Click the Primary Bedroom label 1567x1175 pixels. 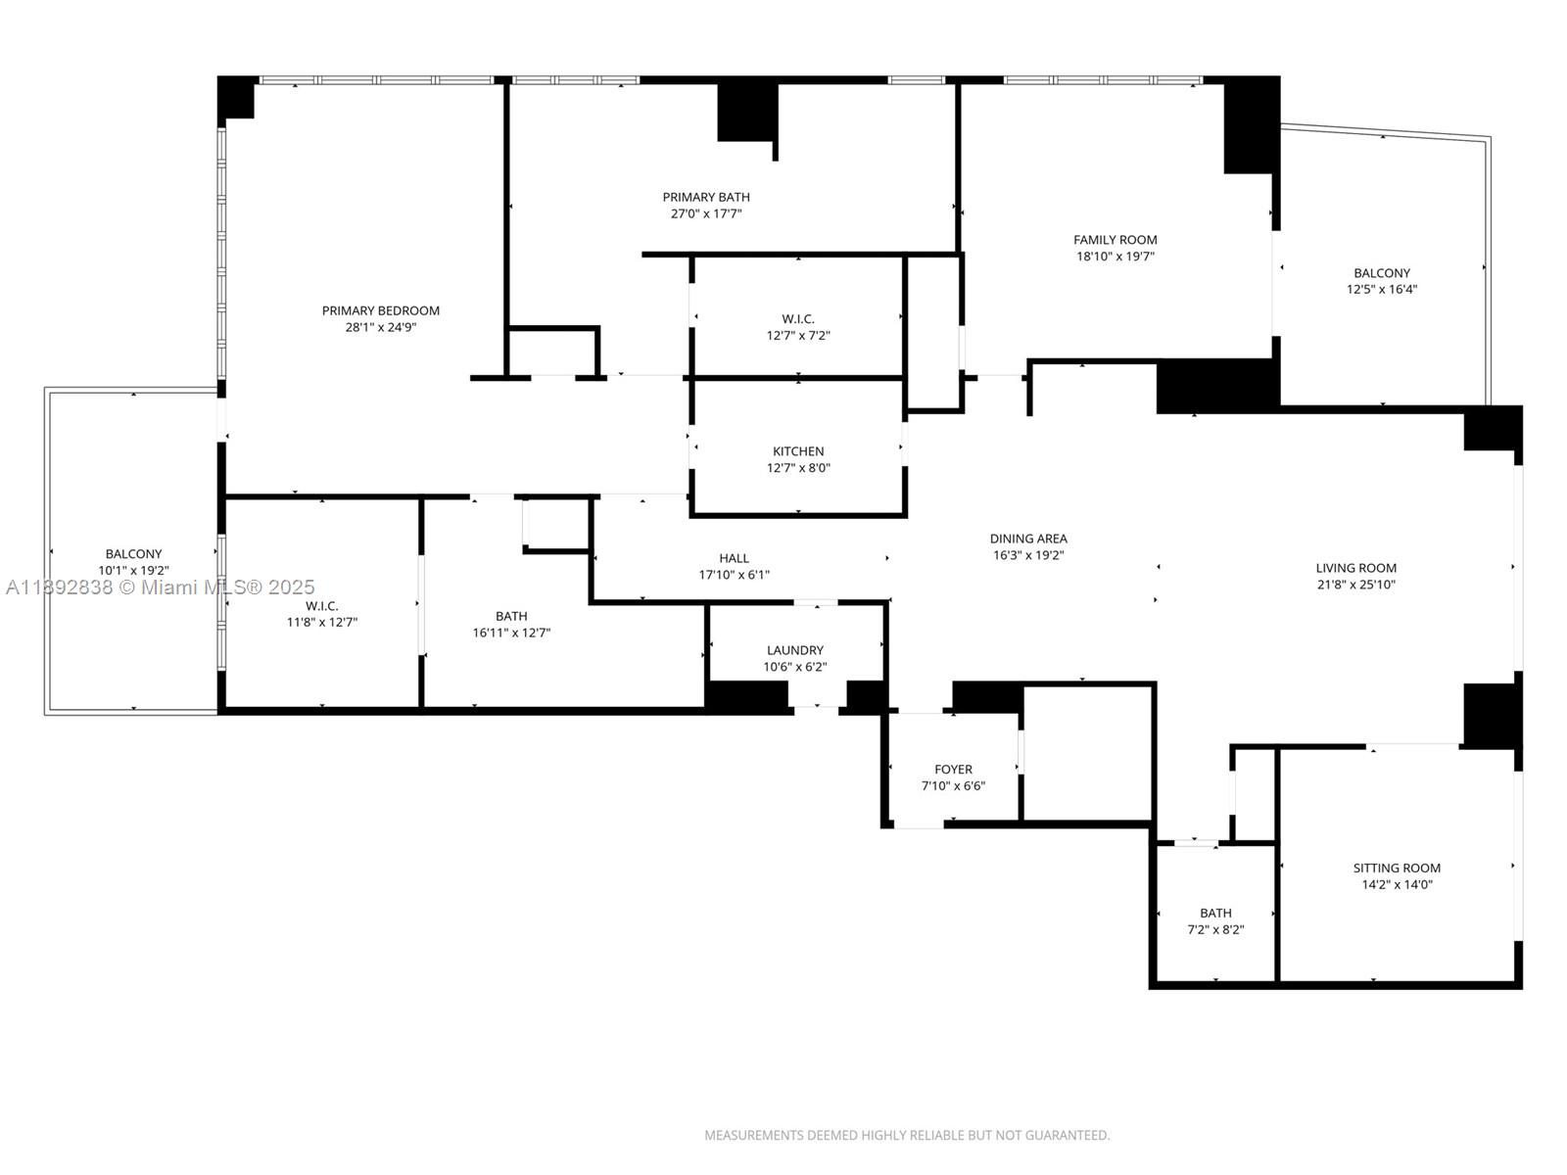[x=380, y=310]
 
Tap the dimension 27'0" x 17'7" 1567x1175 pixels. [x=705, y=213]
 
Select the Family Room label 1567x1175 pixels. [x=1115, y=239]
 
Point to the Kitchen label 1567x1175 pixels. [x=797, y=451]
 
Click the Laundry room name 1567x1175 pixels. [x=794, y=650]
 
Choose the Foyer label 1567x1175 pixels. [x=953, y=770]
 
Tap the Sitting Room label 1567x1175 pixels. [x=1397, y=868]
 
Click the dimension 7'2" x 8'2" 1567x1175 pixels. [x=1215, y=929]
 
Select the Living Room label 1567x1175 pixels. [x=1355, y=568]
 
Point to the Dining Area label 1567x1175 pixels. [x=1028, y=539]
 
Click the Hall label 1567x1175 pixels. [x=734, y=558]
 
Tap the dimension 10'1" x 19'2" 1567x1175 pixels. [x=133, y=570]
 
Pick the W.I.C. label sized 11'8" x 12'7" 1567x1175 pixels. [x=321, y=606]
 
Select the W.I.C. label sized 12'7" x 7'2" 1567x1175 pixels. [x=797, y=318]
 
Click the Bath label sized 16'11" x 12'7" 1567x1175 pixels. [x=511, y=616]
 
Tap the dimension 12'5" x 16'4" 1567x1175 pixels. [x=1382, y=289]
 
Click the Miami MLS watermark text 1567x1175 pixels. [x=161, y=587]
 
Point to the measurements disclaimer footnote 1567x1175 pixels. [x=907, y=1135]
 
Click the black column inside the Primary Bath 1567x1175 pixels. [x=747, y=112]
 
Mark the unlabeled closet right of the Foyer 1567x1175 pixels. [x=1087, y=753]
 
